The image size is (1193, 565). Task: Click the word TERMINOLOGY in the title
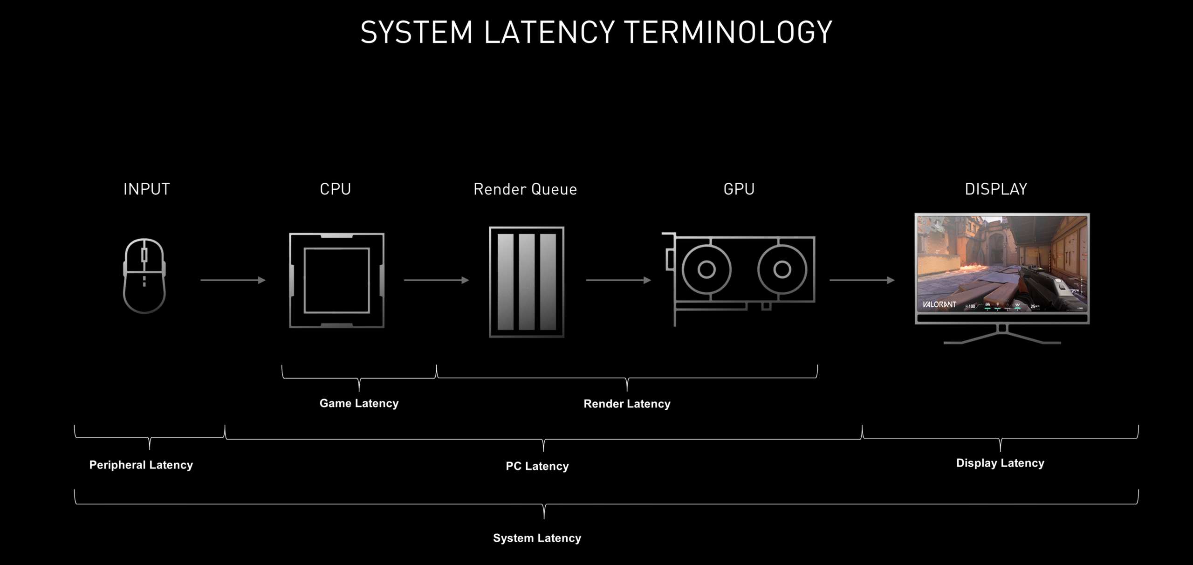click(728, 32)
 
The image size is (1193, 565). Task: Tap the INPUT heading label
click(146, 189)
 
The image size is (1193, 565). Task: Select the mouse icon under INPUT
click(144, 276)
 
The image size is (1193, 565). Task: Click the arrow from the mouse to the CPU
click(233, 280)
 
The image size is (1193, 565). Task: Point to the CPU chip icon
click(336, 280)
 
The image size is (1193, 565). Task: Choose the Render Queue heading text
click(525, 189)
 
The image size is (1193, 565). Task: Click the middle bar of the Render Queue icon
click(527, 282)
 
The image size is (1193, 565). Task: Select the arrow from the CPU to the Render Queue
click(436, 280)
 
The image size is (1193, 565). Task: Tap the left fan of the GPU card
click(706, 269)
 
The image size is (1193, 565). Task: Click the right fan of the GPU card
click(782, 269)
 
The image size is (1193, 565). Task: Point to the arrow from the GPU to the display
click(862, 280)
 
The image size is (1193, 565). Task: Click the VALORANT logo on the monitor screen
click(939, 304)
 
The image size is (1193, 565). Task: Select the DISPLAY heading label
click(996, 189)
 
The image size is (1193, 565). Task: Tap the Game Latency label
click(359, 403)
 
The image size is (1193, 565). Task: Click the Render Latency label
click(627, 404)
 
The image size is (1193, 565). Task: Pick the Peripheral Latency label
click(141, 465)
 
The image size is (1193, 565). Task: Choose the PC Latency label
click(537, 466)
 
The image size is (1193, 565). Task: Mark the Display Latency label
click(1000, 463)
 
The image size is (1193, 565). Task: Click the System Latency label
click(537, 538)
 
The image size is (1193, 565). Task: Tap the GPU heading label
click(739, 189)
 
